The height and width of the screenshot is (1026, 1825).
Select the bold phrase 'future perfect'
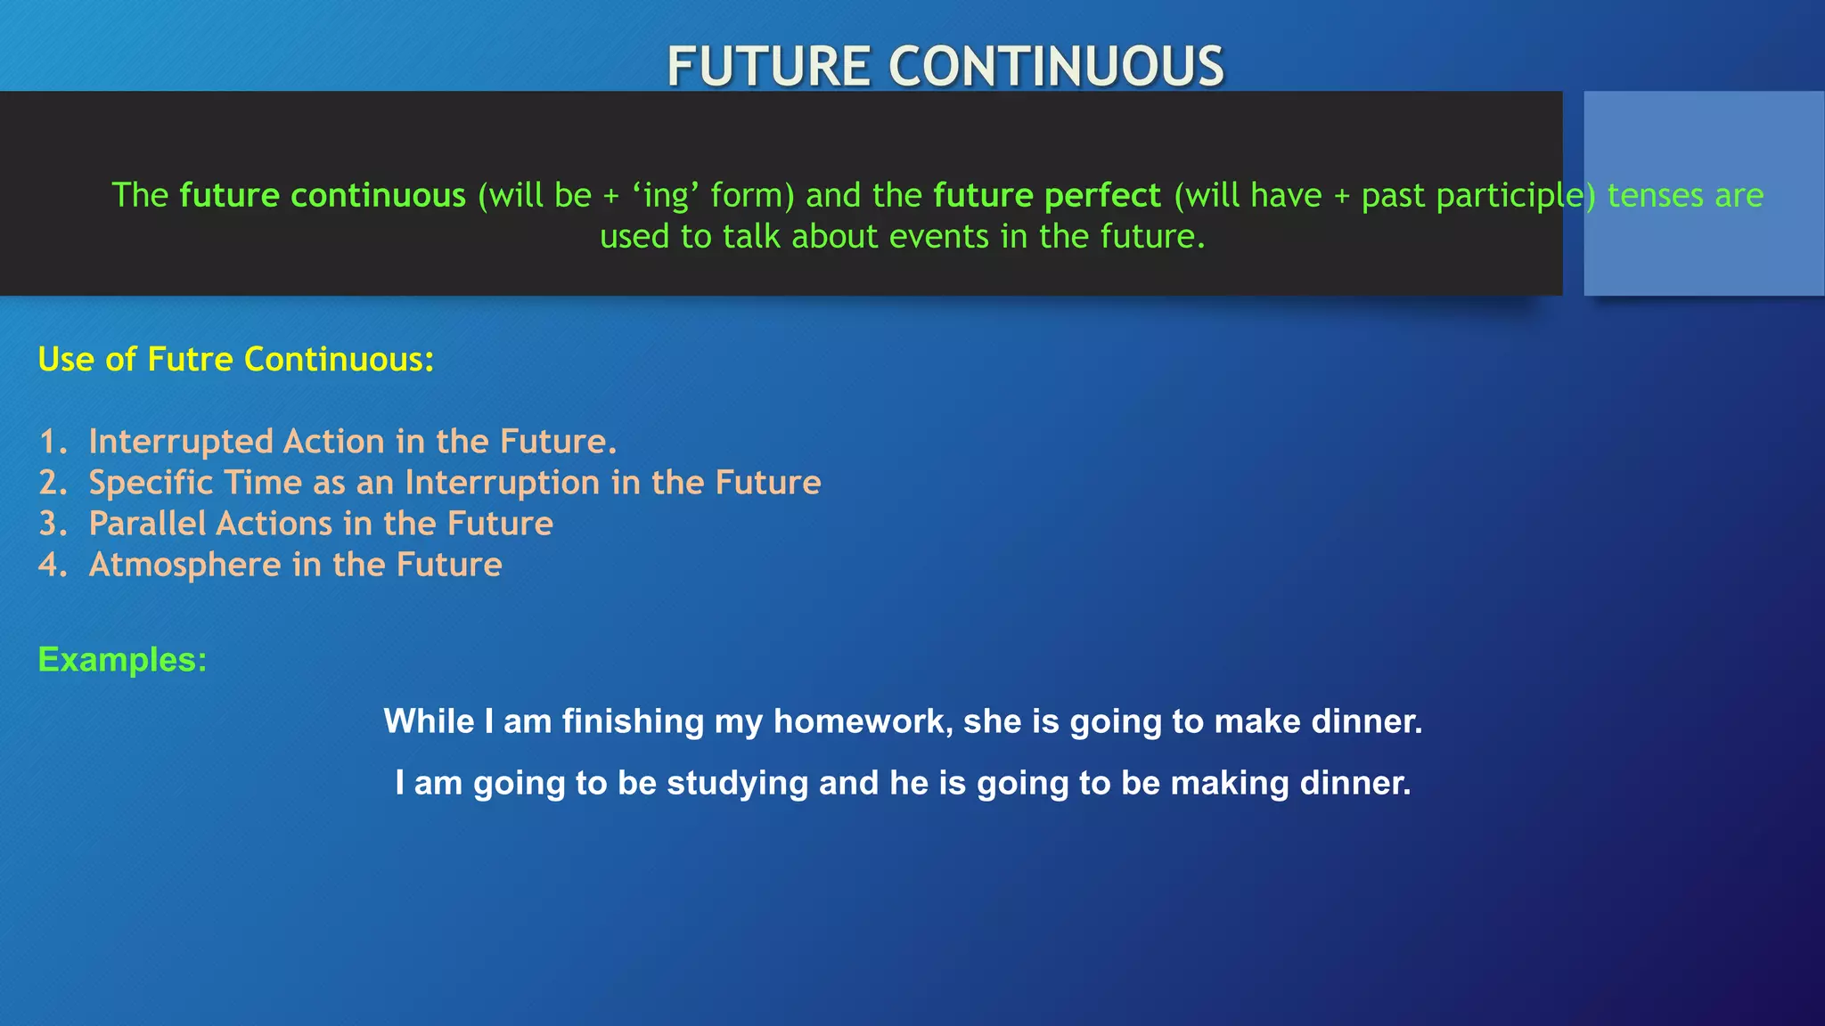(1047, 195)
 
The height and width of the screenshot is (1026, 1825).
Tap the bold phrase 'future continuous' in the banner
(323, 195)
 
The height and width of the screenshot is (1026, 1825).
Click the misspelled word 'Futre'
(190, 359)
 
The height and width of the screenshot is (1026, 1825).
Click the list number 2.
(51, 483)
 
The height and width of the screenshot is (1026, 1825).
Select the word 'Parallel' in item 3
(148, 524)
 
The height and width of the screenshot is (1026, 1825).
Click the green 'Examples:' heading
(122, 660)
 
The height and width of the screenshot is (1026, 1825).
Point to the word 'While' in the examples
(429, 721)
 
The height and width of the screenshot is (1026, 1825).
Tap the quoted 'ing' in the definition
(666, 195)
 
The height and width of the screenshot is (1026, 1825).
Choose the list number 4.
(51, 565)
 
